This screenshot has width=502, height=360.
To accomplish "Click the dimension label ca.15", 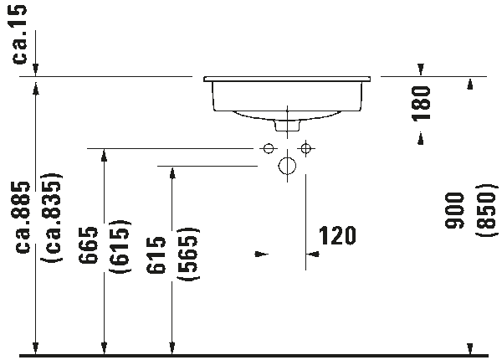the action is [x=20, y=34].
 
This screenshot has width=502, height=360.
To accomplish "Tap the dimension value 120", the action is [x=337, y=235].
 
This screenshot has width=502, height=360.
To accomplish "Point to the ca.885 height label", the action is [x=23, y=218].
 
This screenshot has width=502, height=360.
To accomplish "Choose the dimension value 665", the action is [x=88, y=245].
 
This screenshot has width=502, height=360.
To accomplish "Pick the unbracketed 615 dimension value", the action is [x=156, y=255].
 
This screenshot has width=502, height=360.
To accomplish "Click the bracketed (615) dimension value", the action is [x=120, y=247].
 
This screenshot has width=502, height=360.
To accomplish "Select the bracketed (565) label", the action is [x=189, y=255].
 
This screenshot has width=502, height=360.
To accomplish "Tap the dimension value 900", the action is [x=454, y=210].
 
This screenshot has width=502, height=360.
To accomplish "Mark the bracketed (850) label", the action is [x=487, y=211].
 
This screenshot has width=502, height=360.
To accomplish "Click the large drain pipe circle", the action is [x=287, y=166].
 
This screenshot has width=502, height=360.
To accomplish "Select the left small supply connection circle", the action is [x=269, y=149].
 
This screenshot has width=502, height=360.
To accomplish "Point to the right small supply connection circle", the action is [x=305, y=149].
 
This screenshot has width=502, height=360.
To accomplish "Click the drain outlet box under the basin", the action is [x=287, y=126].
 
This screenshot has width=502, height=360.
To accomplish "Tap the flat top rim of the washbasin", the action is [x=287, y=79].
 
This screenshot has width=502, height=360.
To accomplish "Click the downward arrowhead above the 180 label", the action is [x=421, y=69].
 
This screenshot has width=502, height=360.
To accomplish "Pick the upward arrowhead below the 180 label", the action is [x=421, y=139].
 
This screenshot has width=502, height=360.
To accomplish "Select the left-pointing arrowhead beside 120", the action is [x=313, y=255].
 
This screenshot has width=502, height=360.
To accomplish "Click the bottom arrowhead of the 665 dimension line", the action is [x=104, y=348].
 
